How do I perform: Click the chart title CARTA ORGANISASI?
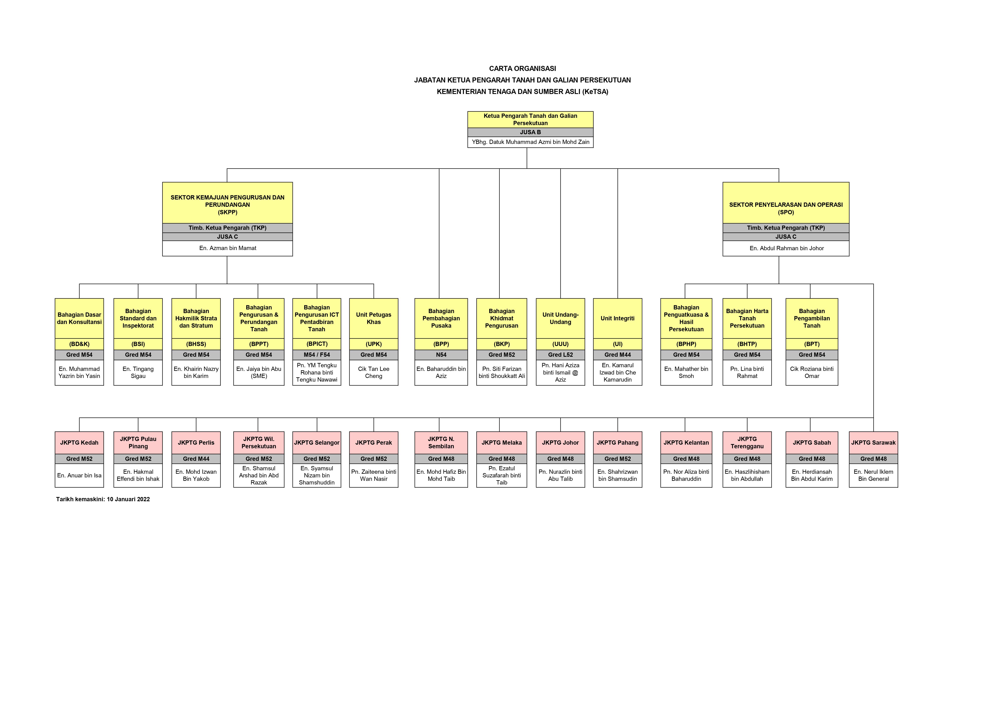(522, 69)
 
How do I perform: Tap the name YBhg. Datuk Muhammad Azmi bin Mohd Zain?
(530, 142)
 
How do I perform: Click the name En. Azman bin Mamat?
(227, 248)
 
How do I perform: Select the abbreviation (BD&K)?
(79, 344)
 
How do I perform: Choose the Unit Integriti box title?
(617, 318)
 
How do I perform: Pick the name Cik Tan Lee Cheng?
(374, 372)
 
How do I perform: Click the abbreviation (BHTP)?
(747, 344)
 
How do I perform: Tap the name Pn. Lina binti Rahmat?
(747, 372)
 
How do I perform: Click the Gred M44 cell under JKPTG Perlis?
(196, 459)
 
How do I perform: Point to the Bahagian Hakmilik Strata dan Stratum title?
(196, 318)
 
